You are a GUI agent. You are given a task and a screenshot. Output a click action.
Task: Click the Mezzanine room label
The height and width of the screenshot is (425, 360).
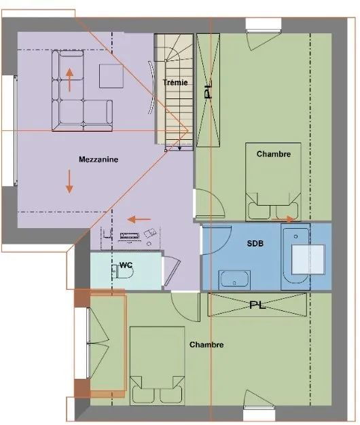tap(98, 160)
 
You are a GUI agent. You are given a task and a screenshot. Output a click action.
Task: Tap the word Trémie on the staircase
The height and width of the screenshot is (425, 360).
tap(175, 82)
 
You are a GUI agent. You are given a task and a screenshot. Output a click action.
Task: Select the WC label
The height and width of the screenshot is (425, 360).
tap(126, 265)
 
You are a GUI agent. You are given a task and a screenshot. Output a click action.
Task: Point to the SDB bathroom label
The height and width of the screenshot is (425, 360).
tap(255, 244)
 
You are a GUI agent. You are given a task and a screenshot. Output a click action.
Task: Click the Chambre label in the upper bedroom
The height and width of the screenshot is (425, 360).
tap(274, 154)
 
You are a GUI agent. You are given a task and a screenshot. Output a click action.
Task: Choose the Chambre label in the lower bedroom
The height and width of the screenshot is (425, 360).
tap(206, 345)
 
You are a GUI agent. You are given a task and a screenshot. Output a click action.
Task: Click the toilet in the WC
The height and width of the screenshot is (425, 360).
tap(122, 272)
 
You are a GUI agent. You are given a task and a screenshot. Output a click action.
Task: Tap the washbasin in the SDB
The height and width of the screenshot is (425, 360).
tap(234, 280)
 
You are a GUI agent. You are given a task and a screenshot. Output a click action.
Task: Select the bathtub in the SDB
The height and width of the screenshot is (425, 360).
tap(295, 256)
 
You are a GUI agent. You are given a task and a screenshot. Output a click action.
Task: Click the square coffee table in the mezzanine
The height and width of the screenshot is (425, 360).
tap(111, 76)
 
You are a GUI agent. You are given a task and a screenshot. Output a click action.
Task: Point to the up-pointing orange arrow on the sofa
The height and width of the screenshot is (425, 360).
tap(70, 80)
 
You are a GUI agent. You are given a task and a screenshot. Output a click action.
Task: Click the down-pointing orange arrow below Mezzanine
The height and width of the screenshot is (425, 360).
tap(69, 181)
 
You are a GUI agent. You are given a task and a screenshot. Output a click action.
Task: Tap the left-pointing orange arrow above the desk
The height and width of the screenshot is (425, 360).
tap(139, 219)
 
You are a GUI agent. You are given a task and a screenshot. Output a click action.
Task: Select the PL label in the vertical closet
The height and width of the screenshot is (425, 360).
tap(208, 91)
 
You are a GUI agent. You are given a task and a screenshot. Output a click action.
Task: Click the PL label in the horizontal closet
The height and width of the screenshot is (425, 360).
tap(257, 306)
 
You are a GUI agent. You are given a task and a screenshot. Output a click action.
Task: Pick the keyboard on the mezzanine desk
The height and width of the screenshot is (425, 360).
tap(130, 236)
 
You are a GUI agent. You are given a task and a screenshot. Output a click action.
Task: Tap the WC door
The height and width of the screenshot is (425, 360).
tap(172, 272)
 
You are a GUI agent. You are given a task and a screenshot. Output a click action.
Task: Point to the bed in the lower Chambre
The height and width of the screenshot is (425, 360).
tap(157, 366)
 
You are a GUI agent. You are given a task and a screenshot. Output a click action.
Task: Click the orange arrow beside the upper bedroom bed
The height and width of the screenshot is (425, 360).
tap(283, 219)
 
